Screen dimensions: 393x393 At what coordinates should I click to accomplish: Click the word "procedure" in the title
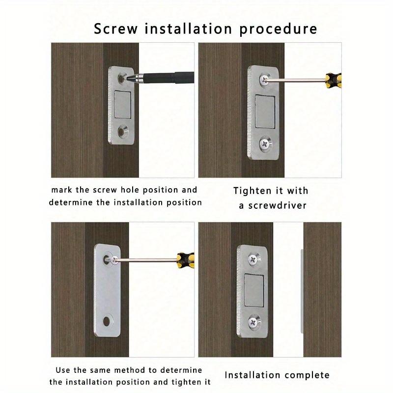[x=278, y=28]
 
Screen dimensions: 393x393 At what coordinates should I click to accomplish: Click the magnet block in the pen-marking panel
[x=123, y=104]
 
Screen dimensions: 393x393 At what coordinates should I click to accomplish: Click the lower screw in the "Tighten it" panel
[x=264, y=144]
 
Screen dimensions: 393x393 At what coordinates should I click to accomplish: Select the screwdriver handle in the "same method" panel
[x=185, y=258]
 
